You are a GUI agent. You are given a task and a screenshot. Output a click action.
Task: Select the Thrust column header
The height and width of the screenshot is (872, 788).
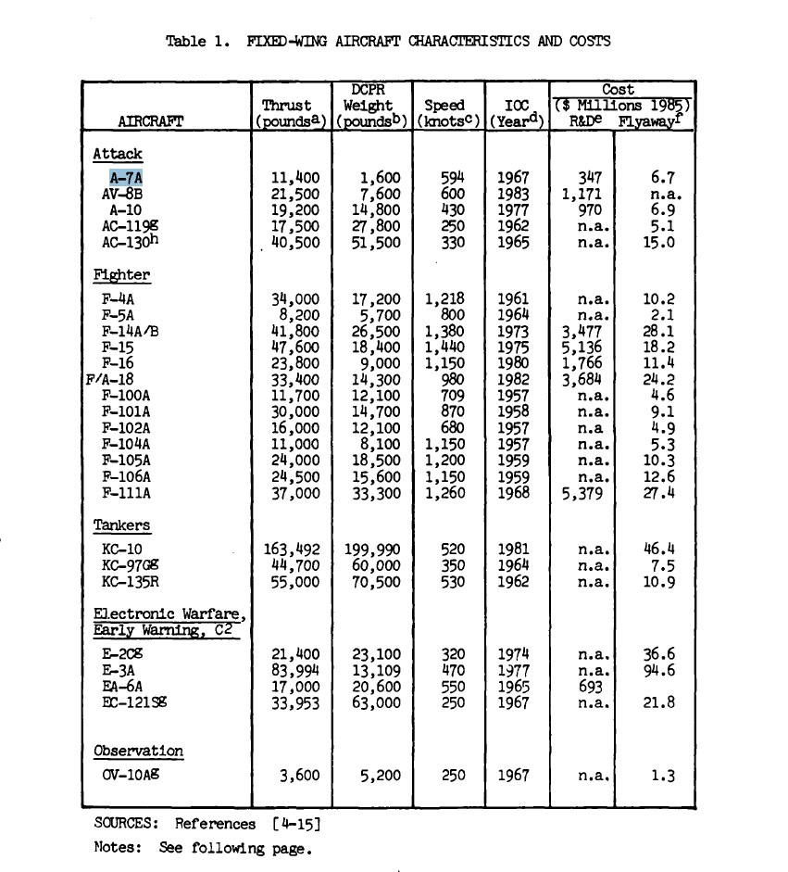[287, 106]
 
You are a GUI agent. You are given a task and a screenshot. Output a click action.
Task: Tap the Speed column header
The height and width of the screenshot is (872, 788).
[444, 106]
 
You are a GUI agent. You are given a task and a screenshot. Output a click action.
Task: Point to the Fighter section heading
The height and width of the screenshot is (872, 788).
[121, 275]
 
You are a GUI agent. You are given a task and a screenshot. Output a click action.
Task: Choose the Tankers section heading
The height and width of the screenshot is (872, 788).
[121, 525]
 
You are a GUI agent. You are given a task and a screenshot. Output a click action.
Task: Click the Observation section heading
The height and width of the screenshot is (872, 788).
[139, 751]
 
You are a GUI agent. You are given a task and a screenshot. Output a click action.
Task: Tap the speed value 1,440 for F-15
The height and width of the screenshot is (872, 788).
[446, 348]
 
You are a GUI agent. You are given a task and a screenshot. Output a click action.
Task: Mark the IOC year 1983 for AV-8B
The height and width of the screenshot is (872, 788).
[513, 195]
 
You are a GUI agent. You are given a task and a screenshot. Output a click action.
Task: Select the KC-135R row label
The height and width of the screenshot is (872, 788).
[129, 582]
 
